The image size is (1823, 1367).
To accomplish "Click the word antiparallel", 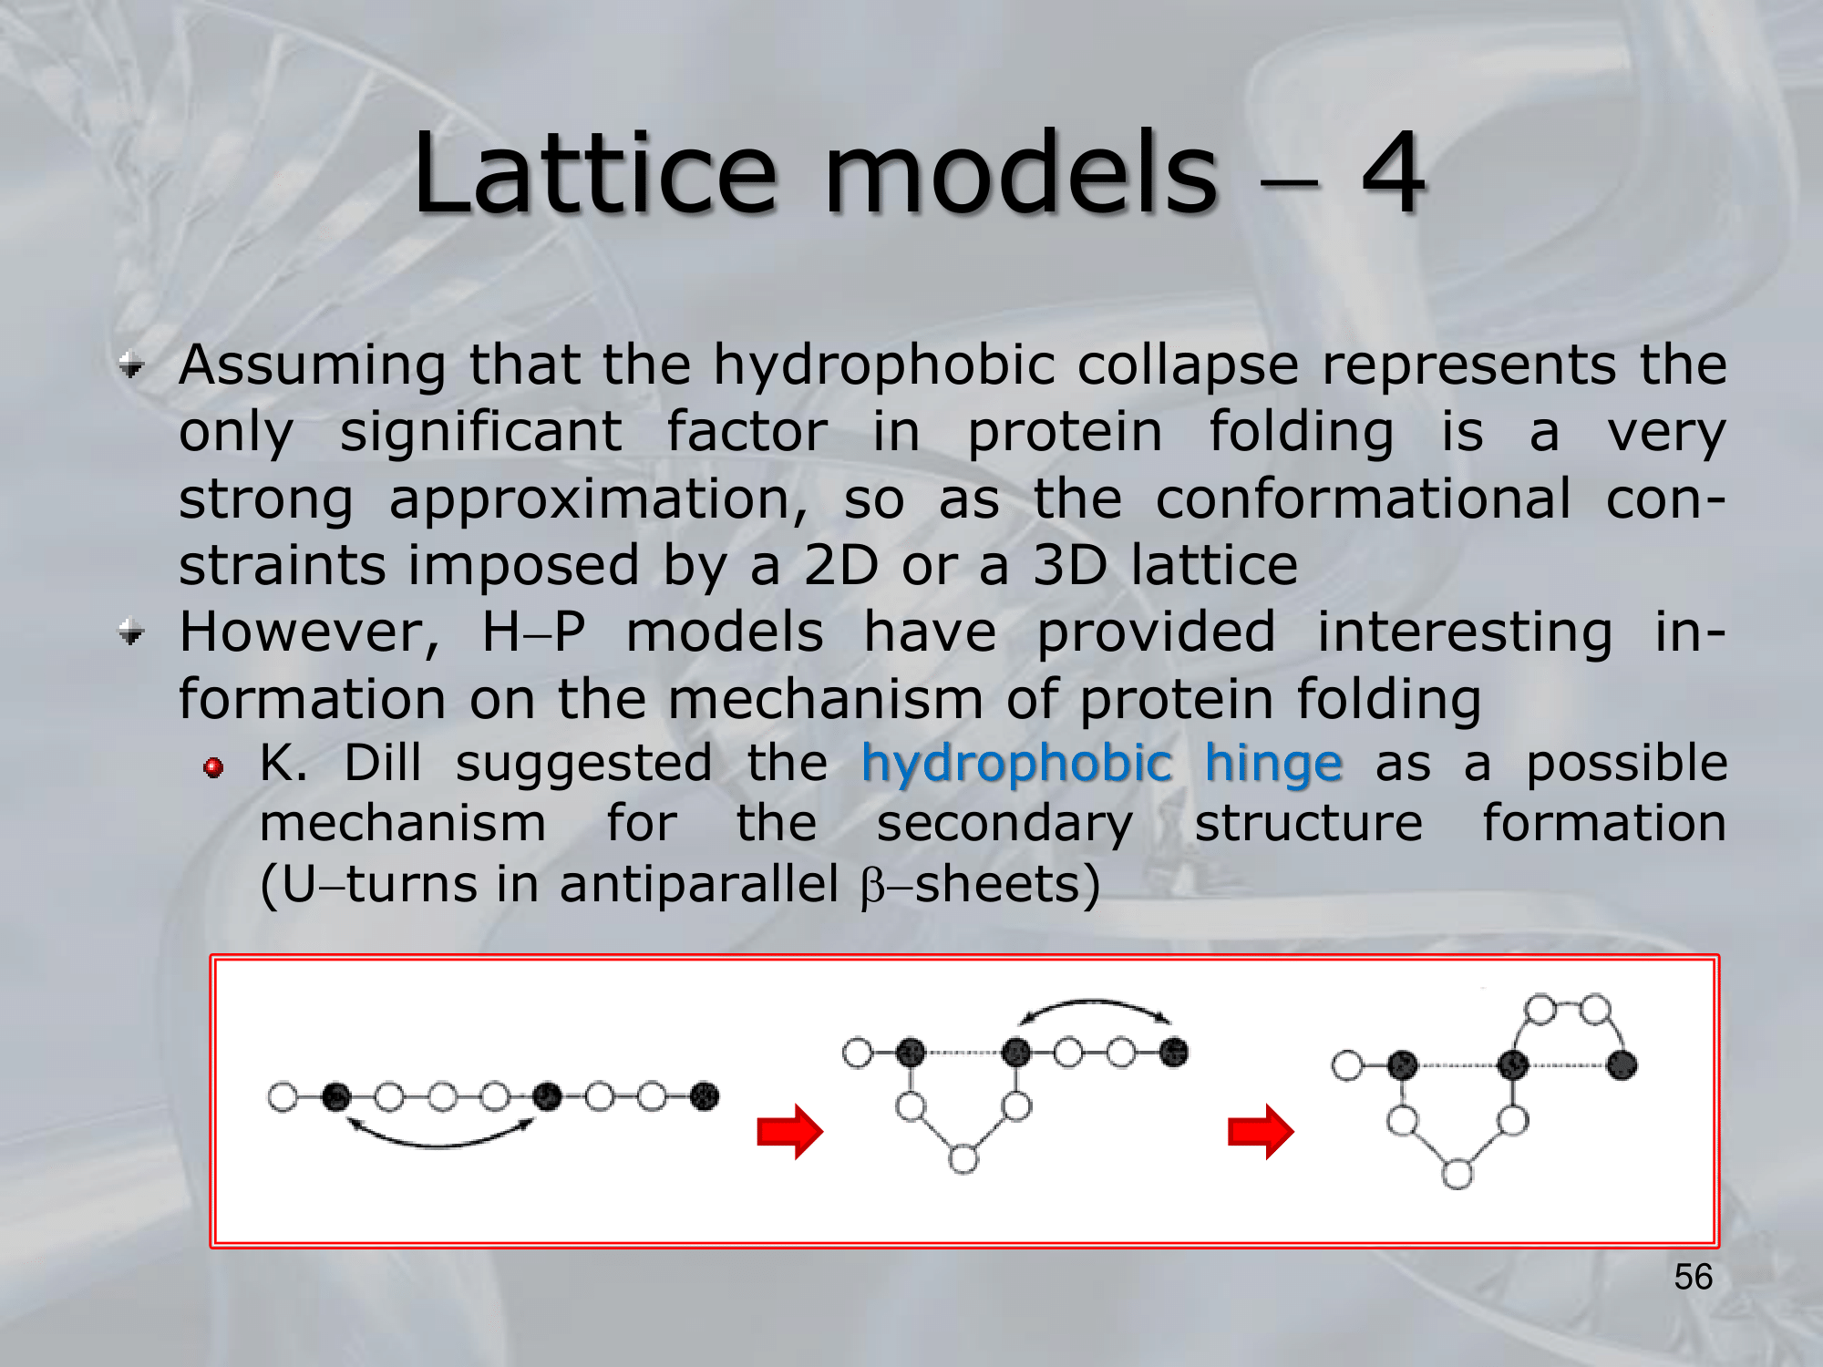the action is click(x=698, y=885).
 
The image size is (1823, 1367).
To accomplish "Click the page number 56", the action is click(x=1694, y=1277).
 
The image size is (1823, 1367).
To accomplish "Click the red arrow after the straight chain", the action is click(x=790, y=1132).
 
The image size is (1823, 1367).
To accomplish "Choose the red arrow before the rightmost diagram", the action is click(x=1261, y=1132).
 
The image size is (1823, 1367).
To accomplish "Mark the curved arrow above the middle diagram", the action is click(x=1095, y=1002).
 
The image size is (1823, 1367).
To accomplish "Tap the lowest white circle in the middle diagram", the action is click(x=963, y=1159).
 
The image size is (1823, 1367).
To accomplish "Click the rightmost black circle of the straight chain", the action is click(x=705, y=1096).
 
